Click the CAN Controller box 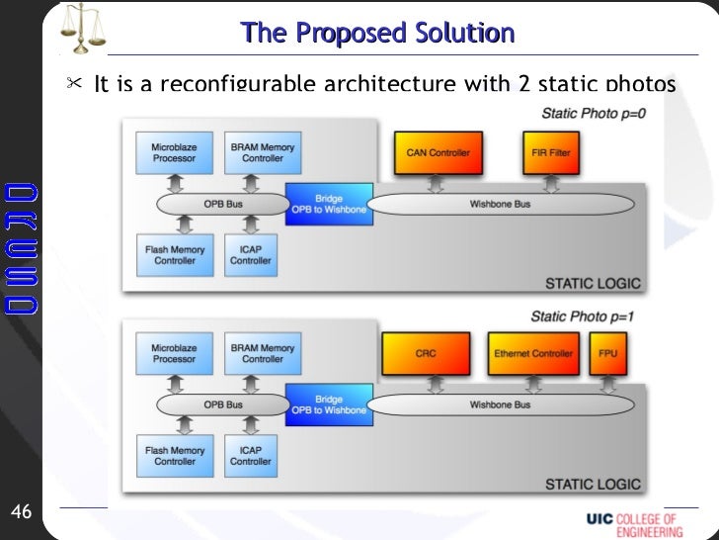(439, 153)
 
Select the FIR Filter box (550, 153)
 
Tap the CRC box (426, 353)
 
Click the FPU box (609, 353)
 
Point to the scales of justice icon (83, 29)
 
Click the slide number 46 (21, 511)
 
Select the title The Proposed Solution (377, 34)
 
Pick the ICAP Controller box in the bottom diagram (250, 455)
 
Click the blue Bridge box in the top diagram (329, 205)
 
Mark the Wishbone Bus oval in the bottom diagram (500, 405)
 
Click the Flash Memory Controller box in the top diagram (175, 255)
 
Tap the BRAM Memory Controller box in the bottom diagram (263, 353)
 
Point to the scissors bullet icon (74, 84)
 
